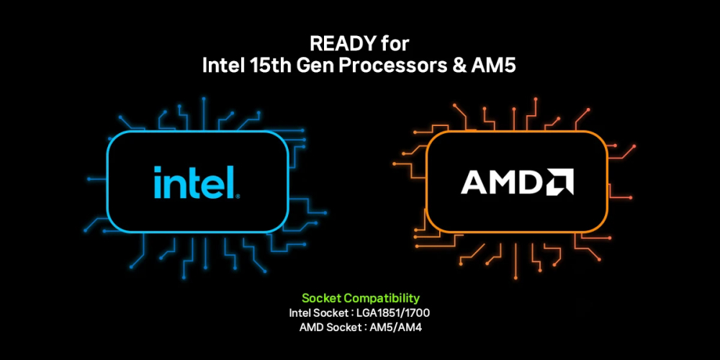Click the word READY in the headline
point(343,44)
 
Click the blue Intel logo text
point(194,182)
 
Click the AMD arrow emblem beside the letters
point(559,181)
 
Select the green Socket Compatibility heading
point(361,299)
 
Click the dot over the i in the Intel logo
point(158,169)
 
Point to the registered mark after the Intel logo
point(238,197)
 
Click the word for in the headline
point(395,44)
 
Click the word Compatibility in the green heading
point(382,299)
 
